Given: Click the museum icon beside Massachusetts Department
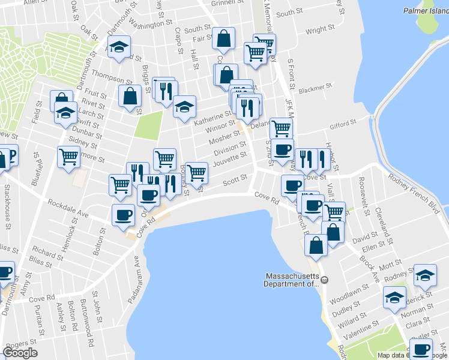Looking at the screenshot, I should pyautogui.click(x=324, y=280).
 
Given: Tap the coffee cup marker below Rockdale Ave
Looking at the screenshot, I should pyautogui.click(x=124, y=215).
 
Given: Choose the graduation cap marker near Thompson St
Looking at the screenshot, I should pyautogui.click(x=119, y=47).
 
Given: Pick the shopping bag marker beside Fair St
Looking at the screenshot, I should pyautogui.click(x=223, y=38).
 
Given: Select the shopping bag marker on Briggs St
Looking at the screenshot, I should pyautogui.click(x=130, y=96).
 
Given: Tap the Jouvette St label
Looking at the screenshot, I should pyautogui.click(x=231, y=158).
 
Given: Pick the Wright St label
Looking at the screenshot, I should pyautogui.click(x=319, y=29).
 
